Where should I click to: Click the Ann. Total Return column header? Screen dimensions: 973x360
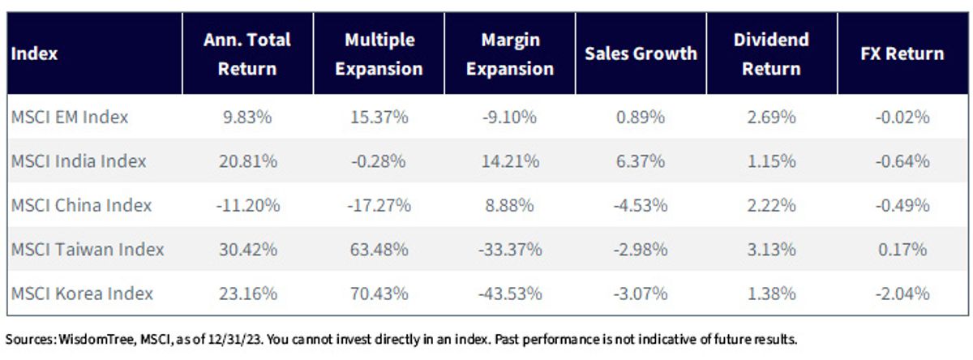247,54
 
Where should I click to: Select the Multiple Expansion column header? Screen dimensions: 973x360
379,54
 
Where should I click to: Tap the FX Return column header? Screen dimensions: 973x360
902,54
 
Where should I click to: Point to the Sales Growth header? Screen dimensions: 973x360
641,54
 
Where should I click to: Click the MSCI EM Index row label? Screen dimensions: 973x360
70,117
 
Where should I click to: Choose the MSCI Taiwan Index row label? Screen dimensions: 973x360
88,249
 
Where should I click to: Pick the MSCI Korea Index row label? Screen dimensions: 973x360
82,294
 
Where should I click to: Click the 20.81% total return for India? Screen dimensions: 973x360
248,161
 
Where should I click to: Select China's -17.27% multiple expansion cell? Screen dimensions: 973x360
379,205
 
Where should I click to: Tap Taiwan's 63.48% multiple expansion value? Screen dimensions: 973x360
379,249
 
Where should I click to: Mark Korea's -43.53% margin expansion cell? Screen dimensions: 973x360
510,294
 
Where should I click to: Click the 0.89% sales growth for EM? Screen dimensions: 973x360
641,117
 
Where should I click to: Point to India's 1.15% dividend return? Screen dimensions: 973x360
771,161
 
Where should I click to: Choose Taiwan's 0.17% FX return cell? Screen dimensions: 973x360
902,249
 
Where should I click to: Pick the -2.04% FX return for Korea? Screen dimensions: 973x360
902,294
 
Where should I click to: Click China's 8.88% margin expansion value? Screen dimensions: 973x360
509,205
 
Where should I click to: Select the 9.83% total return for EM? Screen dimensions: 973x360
247,117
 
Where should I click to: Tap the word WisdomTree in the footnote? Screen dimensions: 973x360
96,339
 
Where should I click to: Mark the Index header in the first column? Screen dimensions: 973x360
34,54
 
